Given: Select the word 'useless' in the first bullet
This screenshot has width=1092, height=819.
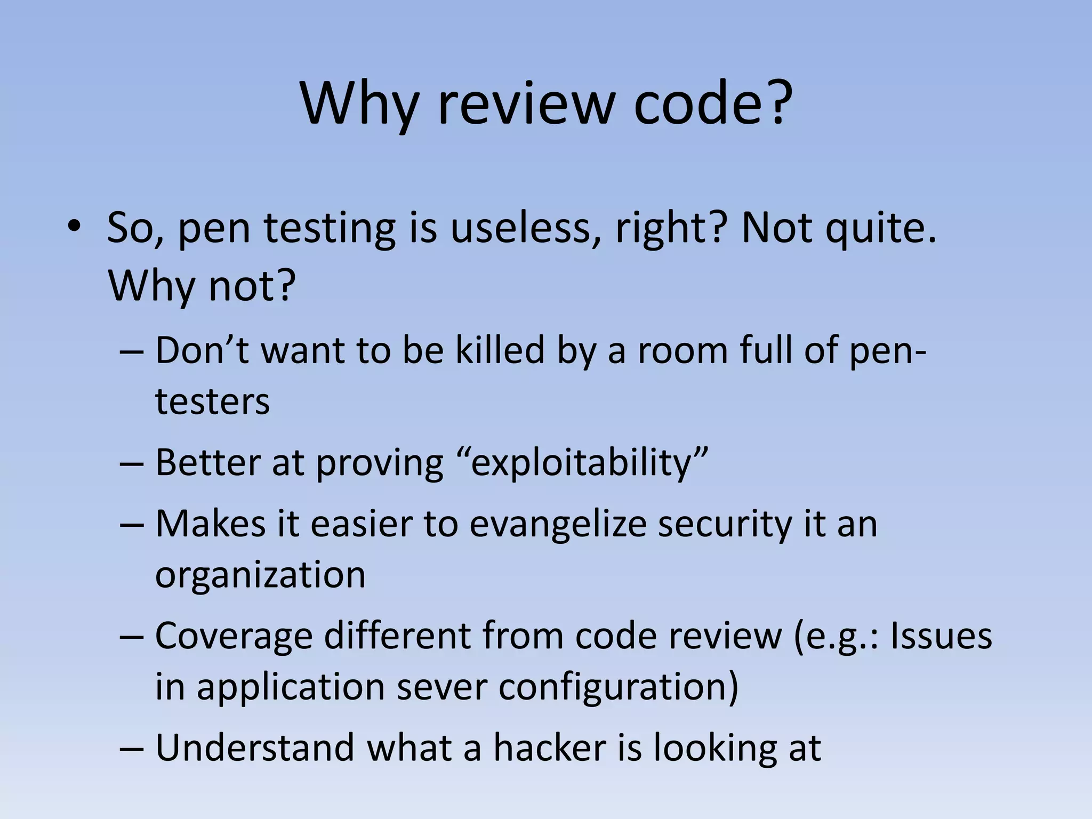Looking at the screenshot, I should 525,228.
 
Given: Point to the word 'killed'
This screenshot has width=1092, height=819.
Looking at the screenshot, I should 500,351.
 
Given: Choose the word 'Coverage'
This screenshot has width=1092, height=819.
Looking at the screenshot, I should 234,637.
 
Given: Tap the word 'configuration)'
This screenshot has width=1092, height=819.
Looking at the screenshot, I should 619,688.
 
